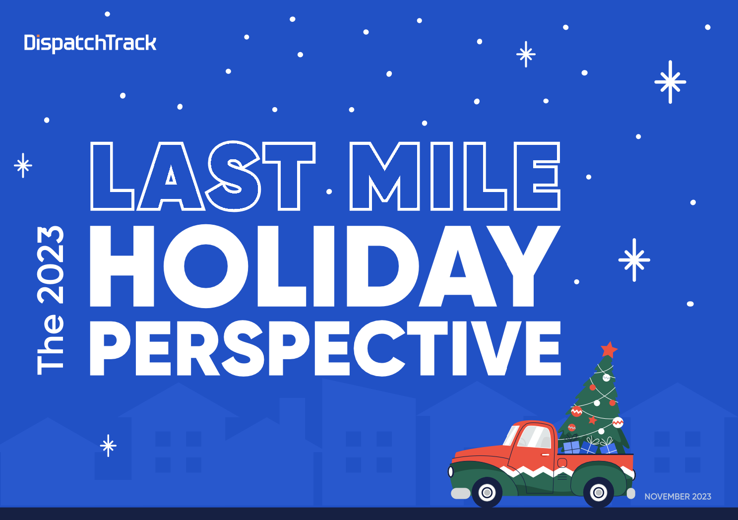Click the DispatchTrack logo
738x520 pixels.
point(90,44)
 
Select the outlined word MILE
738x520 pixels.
point(455,176)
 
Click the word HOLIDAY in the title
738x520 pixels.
point(325,266)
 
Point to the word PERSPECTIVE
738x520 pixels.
point(325,348)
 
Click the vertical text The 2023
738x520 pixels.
point(51,300)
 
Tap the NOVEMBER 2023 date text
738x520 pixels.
point(677,497)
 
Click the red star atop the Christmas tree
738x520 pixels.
point(609,350)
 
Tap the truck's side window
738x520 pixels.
point(534,436)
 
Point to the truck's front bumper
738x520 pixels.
point(460,493)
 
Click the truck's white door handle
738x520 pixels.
point(546,455)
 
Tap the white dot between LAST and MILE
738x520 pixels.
point(329,192)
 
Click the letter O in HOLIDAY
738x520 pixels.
point(206,266)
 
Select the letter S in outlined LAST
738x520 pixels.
point(233,176)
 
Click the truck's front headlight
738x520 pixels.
point(451,472)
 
